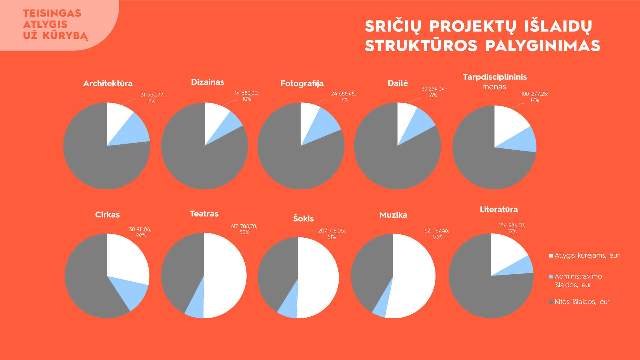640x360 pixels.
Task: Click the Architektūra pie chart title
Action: [x=108, y=83]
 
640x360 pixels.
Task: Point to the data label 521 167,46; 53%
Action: [x=437, y=234]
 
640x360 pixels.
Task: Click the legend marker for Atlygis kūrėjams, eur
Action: [x=551, y=256]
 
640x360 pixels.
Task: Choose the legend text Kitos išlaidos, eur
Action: [x=582, y=302]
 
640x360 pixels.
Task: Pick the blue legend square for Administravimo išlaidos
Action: [x=551, y=276]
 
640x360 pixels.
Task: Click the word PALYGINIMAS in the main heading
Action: [x=543, y=46]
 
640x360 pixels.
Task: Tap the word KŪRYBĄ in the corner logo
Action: [x=65, y=36]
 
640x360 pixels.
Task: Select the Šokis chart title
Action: [x=303, y=218]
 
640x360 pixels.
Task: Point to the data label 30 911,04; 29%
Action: [x=140, y=232]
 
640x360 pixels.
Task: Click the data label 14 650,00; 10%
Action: [x=247, y=96]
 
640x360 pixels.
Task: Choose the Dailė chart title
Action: [x=398, y=83]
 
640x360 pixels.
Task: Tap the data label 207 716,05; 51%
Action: [x=332, y=234]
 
